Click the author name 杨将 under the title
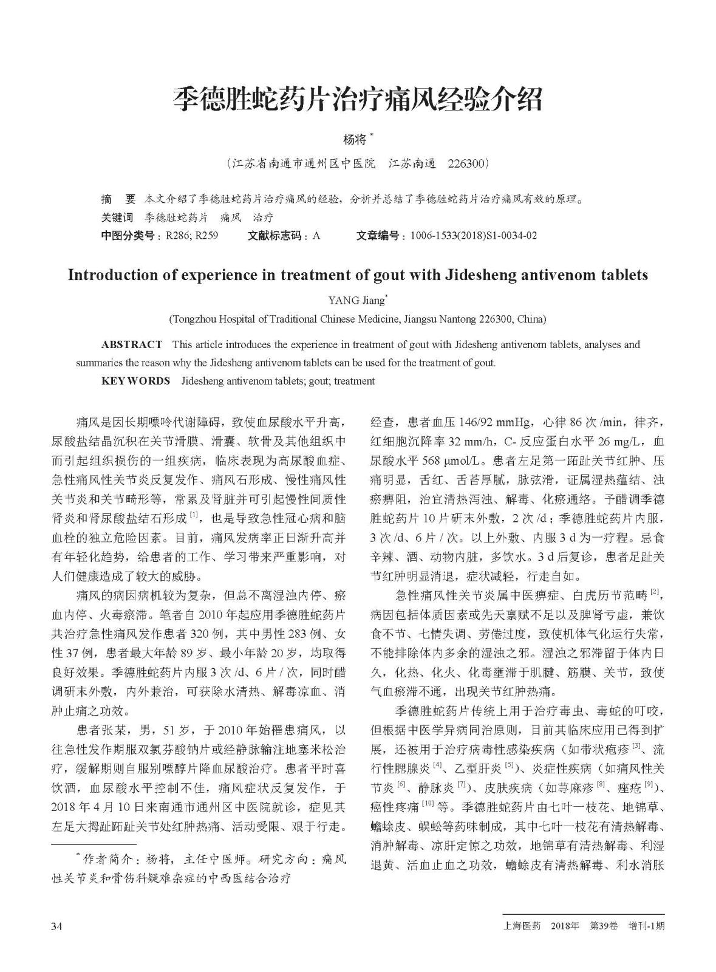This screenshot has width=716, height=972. point(355,139)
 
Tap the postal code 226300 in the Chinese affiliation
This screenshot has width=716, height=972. point(466,164)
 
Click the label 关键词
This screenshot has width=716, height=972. point(117,217)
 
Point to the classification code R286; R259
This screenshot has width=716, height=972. point(191,236)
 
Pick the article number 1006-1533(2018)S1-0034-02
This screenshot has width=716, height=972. point(473,236)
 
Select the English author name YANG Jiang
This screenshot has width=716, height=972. point(356,300)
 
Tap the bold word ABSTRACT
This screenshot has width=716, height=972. point(131,345)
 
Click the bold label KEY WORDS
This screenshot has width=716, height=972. point(135,382)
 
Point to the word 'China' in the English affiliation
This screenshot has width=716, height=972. point(531,319)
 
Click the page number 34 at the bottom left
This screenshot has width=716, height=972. point(57,926)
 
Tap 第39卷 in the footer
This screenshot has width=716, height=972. point(604,926)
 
